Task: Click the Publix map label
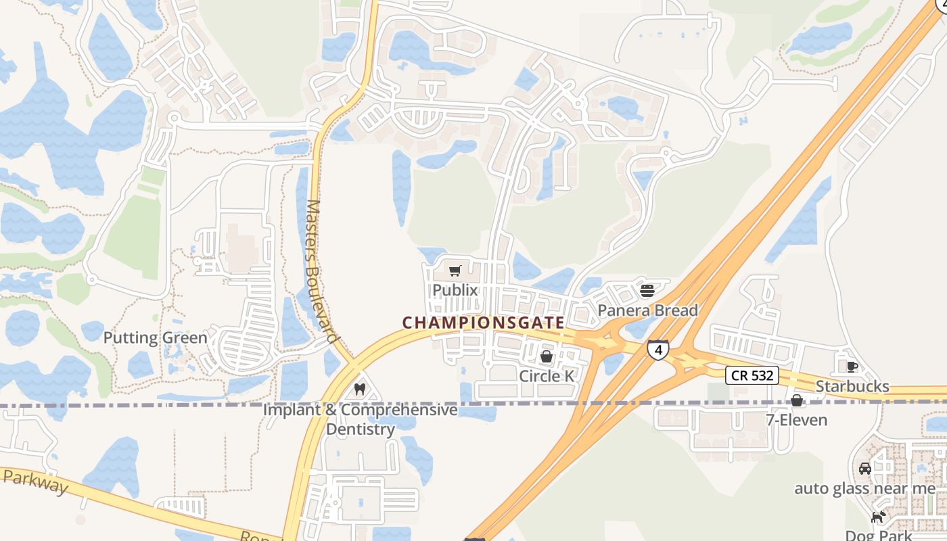(x=455, y=290)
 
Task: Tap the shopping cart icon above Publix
(x=455, y=271)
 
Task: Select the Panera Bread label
(x=647, y=310)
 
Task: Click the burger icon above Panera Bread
(x=647, y=291)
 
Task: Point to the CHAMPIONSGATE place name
(x=484, y=323)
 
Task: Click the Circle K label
(x=547, y=376)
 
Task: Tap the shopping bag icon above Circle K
(x=547, y=356)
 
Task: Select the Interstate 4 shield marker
(x=658, y=350)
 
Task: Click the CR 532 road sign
(x=752, y=375)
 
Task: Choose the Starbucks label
(x=852, y=386)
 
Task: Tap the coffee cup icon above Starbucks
(x=852, y=367)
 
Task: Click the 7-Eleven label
(x=796, y=420)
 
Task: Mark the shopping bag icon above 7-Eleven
(x=797, y=400)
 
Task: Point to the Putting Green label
(x=156, y=337)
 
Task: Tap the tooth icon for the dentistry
(x=360, y=390)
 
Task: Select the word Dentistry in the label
(x=361, y=429)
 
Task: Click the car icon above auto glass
(x=864, y=468)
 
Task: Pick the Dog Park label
(x=878, y=535)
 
